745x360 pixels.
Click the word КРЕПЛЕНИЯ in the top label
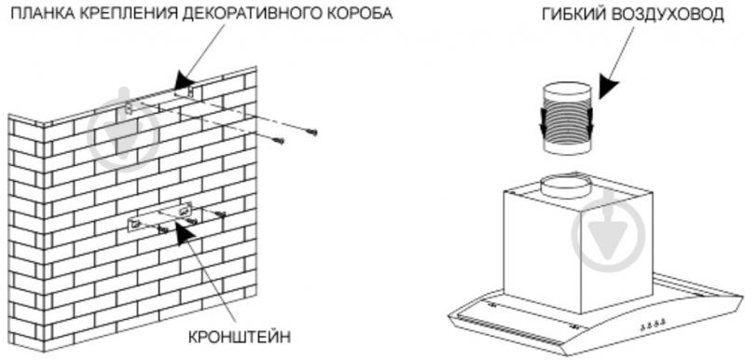[x=123, y=14]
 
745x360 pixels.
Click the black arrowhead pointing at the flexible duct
[x=612, y=86]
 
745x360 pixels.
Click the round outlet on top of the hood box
[x=567, y=185]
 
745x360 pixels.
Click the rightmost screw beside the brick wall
[x=314, y=132]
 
